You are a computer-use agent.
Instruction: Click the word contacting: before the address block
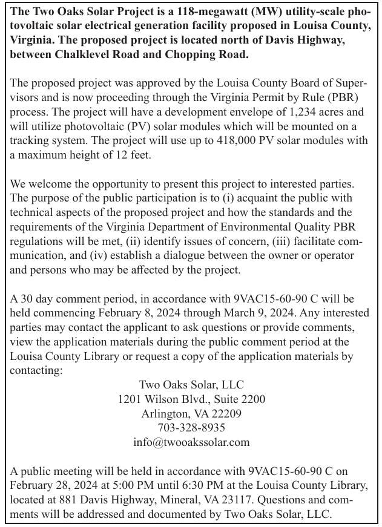coord(36,370)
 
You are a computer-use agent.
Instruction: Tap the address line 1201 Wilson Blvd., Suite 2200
coord(191,399)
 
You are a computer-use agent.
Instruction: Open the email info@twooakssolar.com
coord(191,442)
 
